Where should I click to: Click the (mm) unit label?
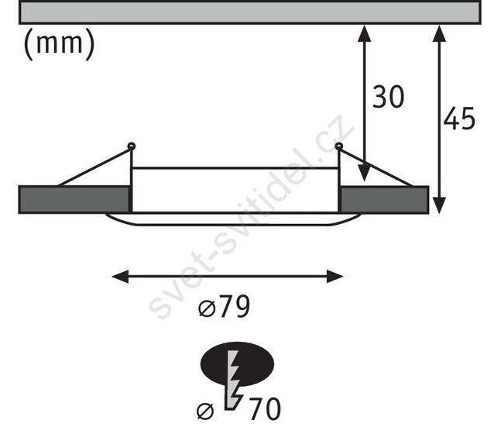[60, 44]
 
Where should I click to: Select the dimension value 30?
[388, 97]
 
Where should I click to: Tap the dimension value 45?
[459, 119]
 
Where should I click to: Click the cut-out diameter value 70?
[265, 408]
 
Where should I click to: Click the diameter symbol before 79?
[207, 309]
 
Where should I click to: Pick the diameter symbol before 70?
[205, 412]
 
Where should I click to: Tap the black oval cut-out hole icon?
[237, 364]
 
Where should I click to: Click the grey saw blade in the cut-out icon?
[232, 380]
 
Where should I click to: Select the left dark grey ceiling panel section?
[74, 200]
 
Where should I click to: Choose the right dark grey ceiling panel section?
[384, 200]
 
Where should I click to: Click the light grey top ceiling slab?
[250, 12]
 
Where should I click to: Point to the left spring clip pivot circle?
[132, 146]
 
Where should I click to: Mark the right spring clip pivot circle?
[338, 146]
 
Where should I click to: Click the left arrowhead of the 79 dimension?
[120, 277]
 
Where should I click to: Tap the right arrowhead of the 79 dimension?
[335, 277]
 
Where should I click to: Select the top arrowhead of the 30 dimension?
[364, 33]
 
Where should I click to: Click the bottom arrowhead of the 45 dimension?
[440, 205]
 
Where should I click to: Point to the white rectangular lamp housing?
[235, 190]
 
